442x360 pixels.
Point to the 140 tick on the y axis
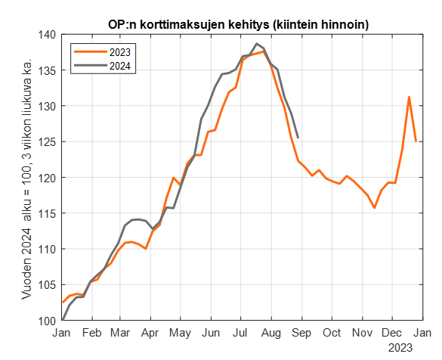(48, 35)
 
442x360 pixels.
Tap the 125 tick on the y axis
(48, 142)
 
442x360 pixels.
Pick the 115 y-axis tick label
(48, 213)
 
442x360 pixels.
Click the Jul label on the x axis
(242, 333)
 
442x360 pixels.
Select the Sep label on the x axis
(302, 333)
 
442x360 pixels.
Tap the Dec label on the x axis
(391, 333)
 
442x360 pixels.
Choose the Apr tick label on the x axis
(151, 333)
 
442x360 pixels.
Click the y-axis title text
(27, 178)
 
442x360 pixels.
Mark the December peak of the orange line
(409, 97)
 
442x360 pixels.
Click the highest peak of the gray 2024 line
(256, 44)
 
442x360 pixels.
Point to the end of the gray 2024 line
(298, 138)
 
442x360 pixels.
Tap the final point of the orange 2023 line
(416, 141)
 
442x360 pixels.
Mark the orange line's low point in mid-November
(375, 207)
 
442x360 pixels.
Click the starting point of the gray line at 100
(62, 320)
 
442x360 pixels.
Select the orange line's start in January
(62, 303)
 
